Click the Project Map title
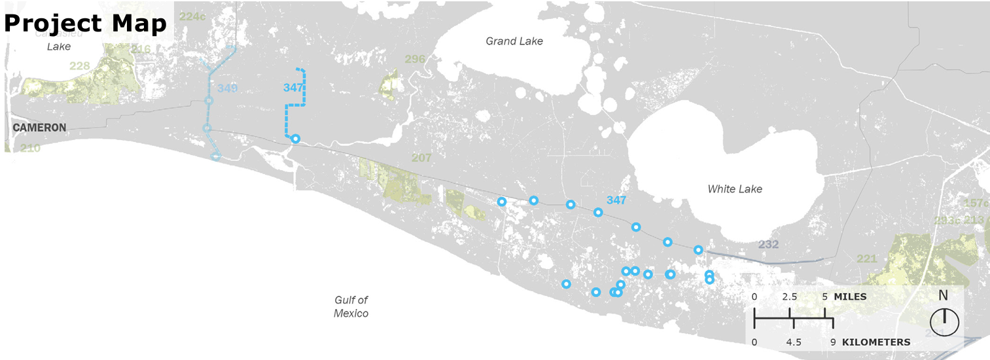85,24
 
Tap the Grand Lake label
514,41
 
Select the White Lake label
735,189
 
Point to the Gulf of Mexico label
351,306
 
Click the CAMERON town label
39,128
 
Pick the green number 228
79,66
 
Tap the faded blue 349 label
228,88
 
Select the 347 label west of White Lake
616,200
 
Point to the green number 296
415,60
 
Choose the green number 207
421,158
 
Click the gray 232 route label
768,244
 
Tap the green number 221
866,259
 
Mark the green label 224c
192,16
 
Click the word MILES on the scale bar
850,297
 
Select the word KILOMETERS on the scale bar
875,342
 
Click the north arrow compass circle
944,322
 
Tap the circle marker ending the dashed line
295,138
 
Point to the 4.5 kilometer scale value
794,342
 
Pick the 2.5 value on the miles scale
790,297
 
